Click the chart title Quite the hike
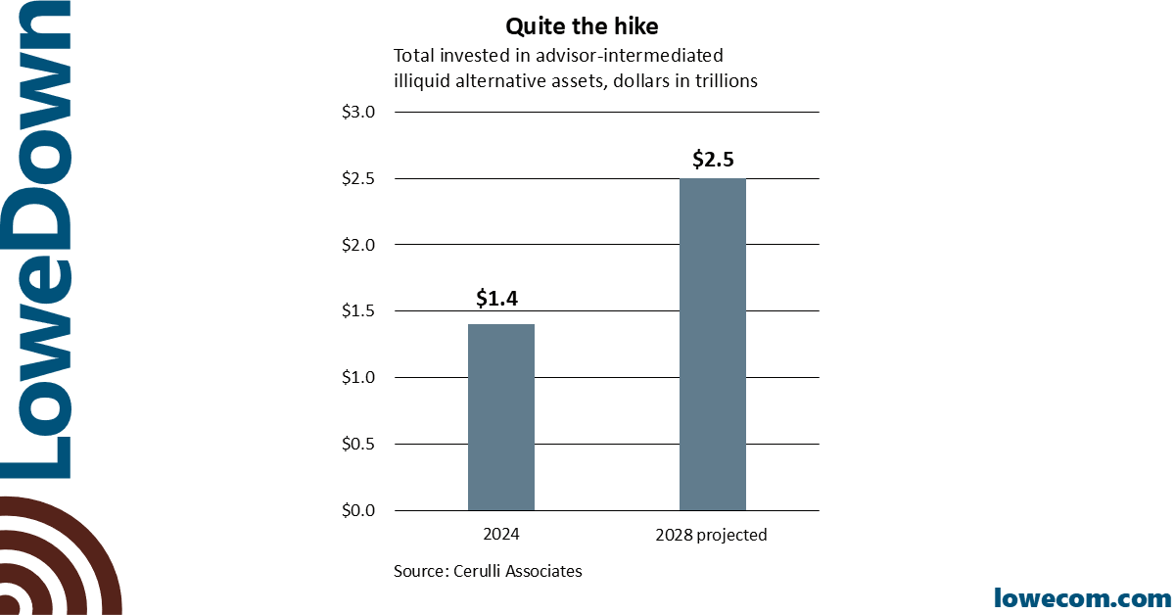pyautogui.click(x=582, y=26)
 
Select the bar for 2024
pyautogui.click(x=501, y=417)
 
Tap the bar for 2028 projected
pyautogui.click(x=713, y=345)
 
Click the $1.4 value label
pyautogui.click(x=496, y=299)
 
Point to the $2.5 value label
pyautogui.click(x=713, y=159)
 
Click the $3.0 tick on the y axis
pyautogui.click(x=357, y=112)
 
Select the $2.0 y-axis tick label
pyautogui.click(x=357, y=245)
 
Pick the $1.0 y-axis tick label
pyautogui.click(x=357, y=378)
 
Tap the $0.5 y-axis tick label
pyautogui.click(x=357, y=444)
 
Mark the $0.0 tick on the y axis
pyautogui.click(x=357, y=510)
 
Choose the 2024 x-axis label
pyautogui.click(x=501, y=535)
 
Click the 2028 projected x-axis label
pyautogui.click(x=711, y=535)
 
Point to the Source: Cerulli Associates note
pyautogui.click(x=488, y=571)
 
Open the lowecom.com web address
pyautogui.click(x=1082, y=596)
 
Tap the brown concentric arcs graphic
pyautogui.click(x=54, y=558)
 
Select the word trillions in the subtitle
pyautogui.click(x=724, y=81)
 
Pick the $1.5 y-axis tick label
pyautogui.click(x=357, y=311)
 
